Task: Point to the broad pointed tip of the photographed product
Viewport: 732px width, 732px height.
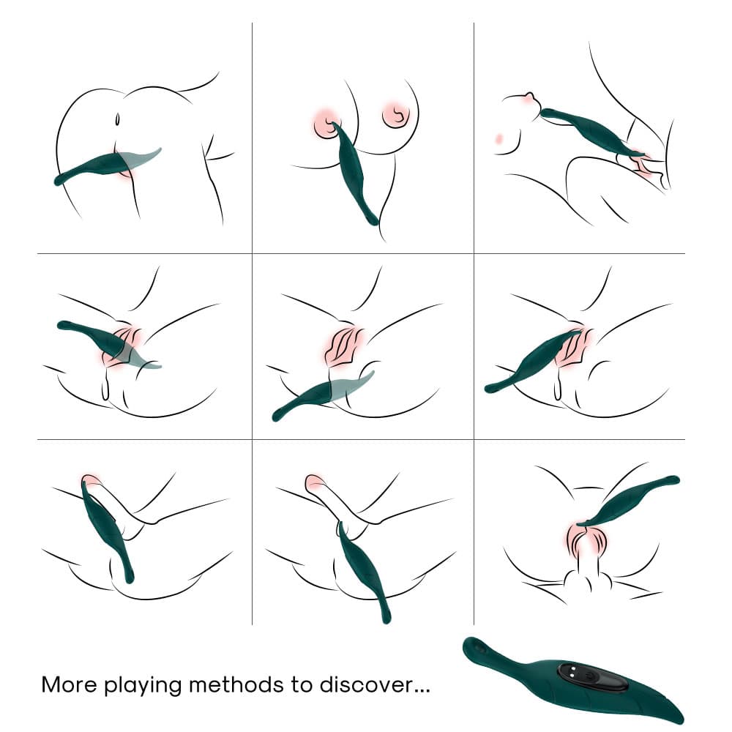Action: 677,715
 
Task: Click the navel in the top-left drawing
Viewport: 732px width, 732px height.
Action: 118,118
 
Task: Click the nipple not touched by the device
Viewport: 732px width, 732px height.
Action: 397,114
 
